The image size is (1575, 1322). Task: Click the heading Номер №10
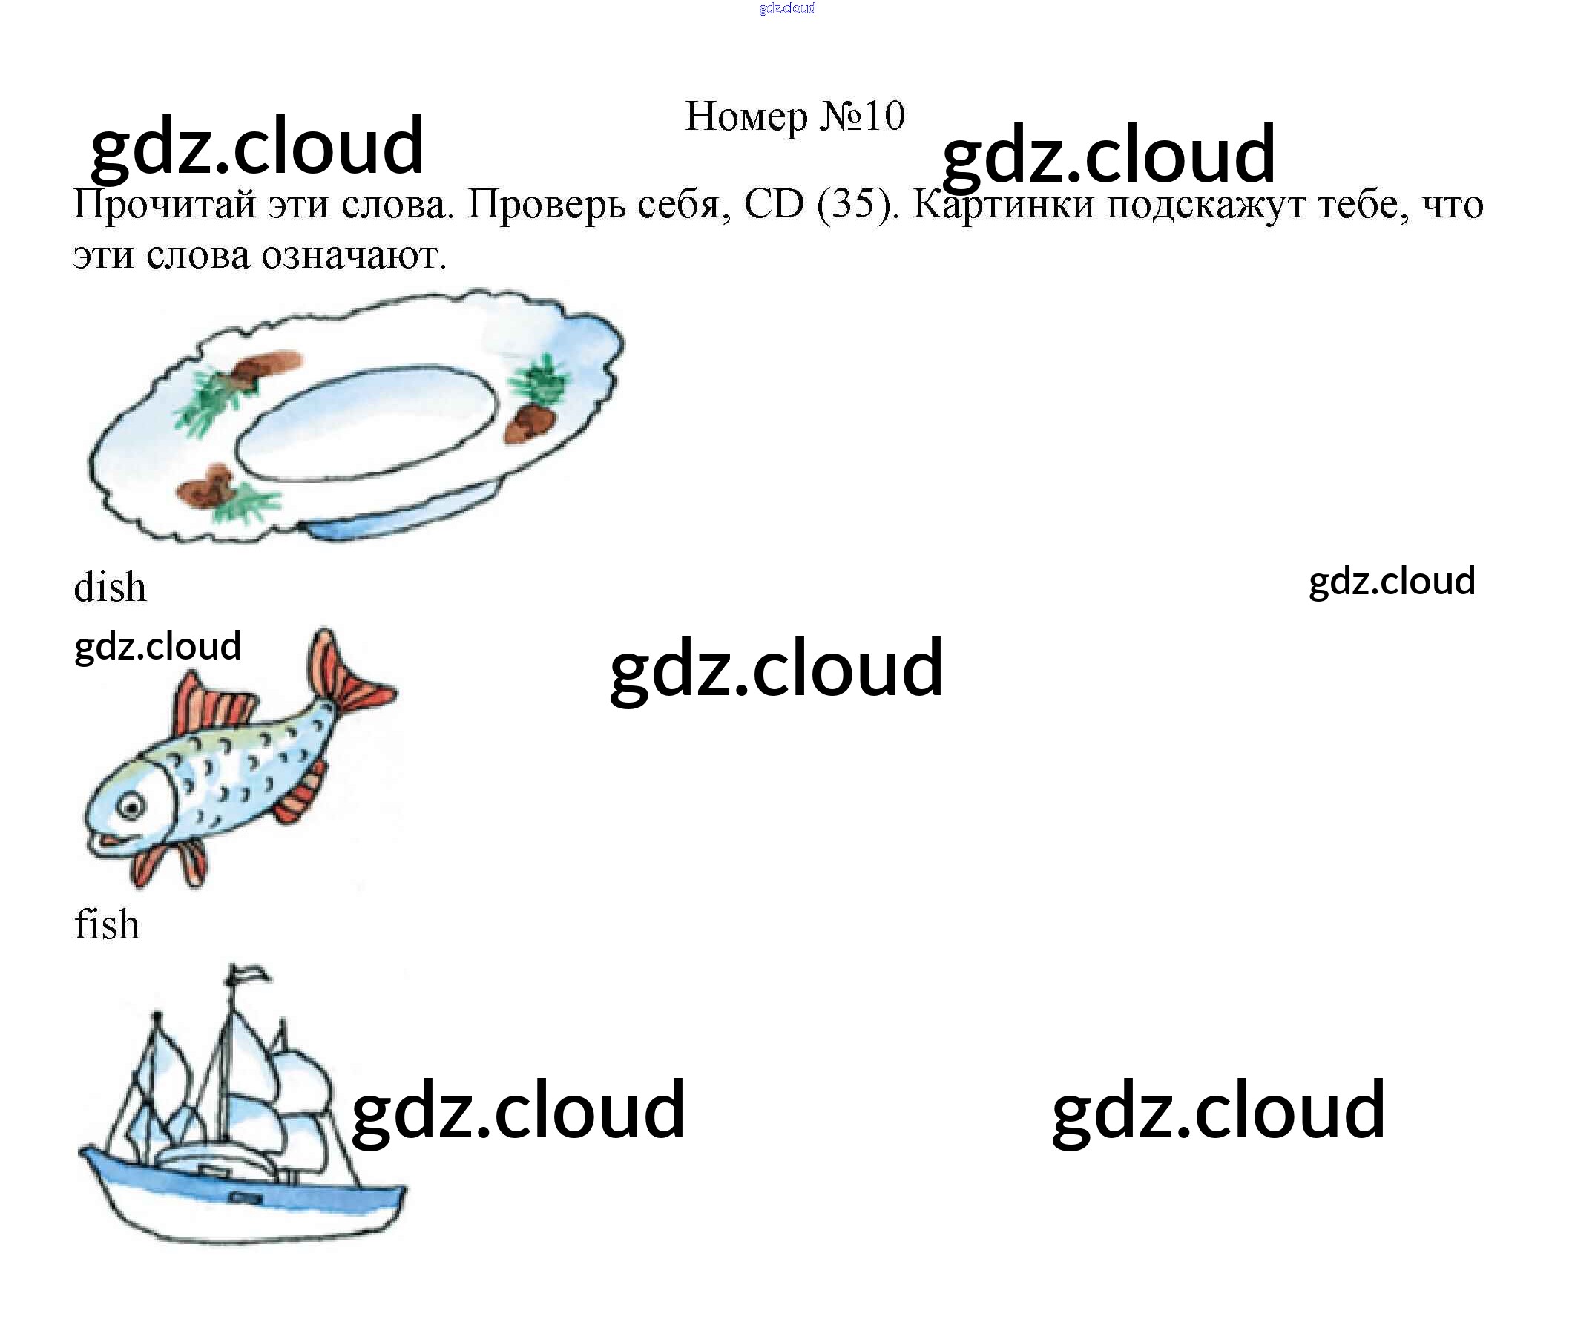(x=795, y=116)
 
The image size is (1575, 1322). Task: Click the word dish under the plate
(x=110, y=587)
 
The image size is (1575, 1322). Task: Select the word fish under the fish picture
(x=107, y=924)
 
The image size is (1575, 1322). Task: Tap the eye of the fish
(x=132, y=807)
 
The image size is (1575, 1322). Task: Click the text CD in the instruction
(x=773, y=204)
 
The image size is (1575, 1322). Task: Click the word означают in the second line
(x=353, y=257)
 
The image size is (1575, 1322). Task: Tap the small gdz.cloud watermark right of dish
(x=1392, y=582)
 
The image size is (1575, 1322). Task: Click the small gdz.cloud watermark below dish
(x=157, y=646)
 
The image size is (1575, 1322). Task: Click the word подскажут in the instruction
(x=1207, y=205)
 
